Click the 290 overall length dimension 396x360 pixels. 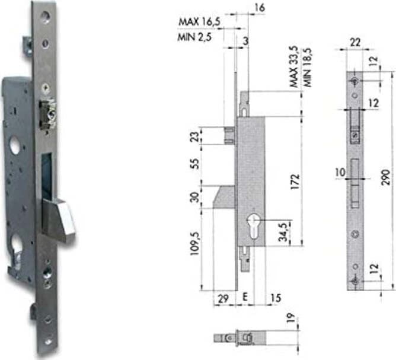(x=386, y=177)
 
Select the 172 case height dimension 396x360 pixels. (x=295, y=181)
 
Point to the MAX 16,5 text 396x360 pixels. (x=200, y=22)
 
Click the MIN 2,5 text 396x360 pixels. (x=194, y=37)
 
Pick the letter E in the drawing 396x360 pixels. (x=244, y=297)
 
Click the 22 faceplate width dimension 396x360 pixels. (x=355, y=42)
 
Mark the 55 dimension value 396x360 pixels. (x=195, y=164)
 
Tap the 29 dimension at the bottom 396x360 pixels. (x=223, y=298)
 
